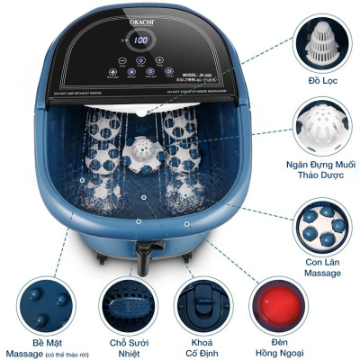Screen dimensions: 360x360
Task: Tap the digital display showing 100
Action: (x=141, y=40)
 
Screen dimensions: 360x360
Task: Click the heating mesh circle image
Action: (x=126, y=304)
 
